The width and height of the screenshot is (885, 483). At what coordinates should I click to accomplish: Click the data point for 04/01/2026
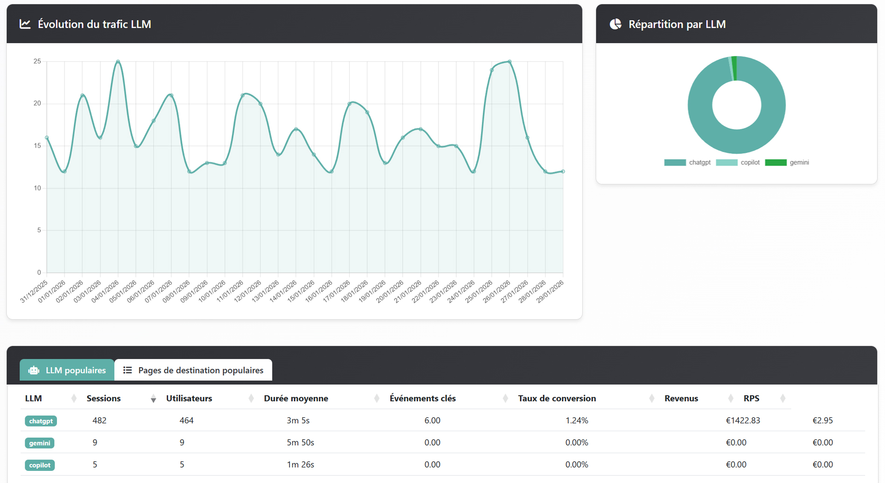pyautogui.click(x=118, y=62)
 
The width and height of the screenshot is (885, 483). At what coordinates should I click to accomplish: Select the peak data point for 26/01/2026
pyautogui.click(x=510, y=62)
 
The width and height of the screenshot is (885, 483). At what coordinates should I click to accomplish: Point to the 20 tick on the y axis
pyautogui.click(x=37, y=104)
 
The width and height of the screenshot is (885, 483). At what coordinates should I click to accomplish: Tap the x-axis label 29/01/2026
pyautogui.click(x=551, y=292)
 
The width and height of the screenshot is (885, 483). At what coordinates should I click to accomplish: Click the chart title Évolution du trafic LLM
pyautogui.click(x=94, y=24)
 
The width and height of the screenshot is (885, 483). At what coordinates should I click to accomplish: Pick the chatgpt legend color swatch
pyautogui.click(x=675, y=162)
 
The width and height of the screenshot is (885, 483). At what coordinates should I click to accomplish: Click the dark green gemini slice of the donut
pyautogui.click(x=735, y=68)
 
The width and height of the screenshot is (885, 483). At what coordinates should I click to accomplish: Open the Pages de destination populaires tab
pyautogui.click(x=193, y=370)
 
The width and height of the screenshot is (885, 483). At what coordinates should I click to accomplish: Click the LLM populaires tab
pyautogui.click(x=67, y=370)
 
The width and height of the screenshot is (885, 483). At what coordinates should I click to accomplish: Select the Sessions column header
pyautogui.click(x=104, y=399)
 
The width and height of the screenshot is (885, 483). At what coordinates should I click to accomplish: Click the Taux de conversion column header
pyautogui.click(x=557, y=399)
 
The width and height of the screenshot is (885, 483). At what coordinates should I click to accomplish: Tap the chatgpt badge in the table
pyautogui.click(x=41, y=421)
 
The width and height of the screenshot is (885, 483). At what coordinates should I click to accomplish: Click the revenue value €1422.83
pyautogui.click(x=743, y=420)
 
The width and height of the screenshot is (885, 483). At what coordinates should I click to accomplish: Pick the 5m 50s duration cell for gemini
pyautogui.click(x=300, y=442)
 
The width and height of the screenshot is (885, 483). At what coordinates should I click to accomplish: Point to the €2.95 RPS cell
pyautogui.click(x=822, y=420)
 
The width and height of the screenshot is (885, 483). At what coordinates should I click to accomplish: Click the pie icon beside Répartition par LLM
pyautogui.click(x=616, y=24)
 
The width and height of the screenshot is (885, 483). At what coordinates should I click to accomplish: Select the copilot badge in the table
pyautogui.click(x=40, y=465)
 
